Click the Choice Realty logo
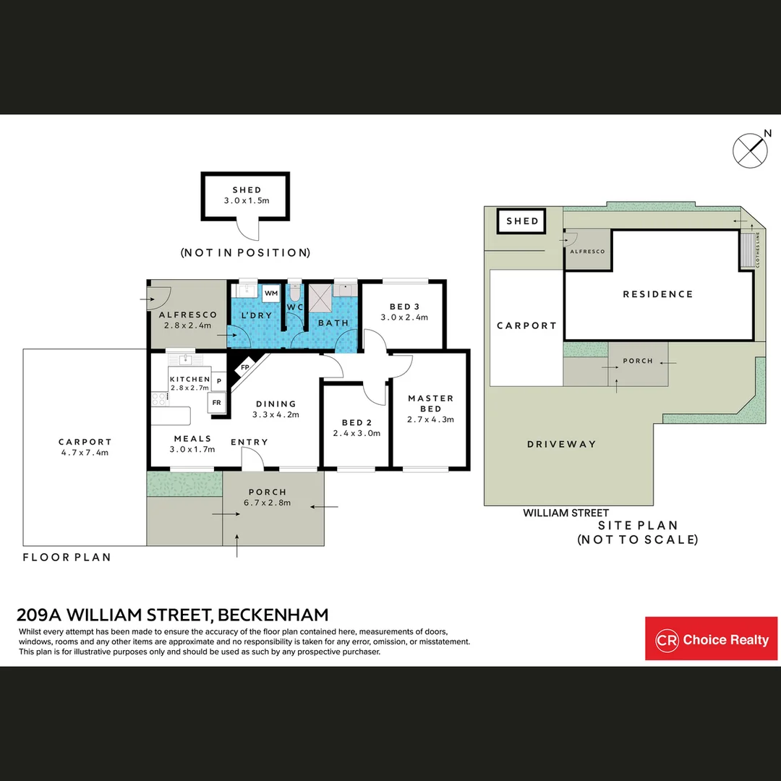[711, 639]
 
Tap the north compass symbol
[750, 150]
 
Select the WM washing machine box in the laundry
[271, 294]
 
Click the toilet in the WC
[295, 292]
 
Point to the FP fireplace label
[245, 367]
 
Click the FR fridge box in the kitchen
[217, 403]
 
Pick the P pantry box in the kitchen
[218, 382]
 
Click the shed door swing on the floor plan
[247, 230]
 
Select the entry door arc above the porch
[252, 457]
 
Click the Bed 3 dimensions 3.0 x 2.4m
[404, 317]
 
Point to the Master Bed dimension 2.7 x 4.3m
[430, 419]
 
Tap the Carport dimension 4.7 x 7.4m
[85, 452]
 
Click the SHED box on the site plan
[522, 221]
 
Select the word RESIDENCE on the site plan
[657, 294]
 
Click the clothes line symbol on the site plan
[747, 250]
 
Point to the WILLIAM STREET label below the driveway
[566, 513]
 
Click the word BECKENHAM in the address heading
[273, 615]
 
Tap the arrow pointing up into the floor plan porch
[236, 545]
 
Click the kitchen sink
[185, 359]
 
